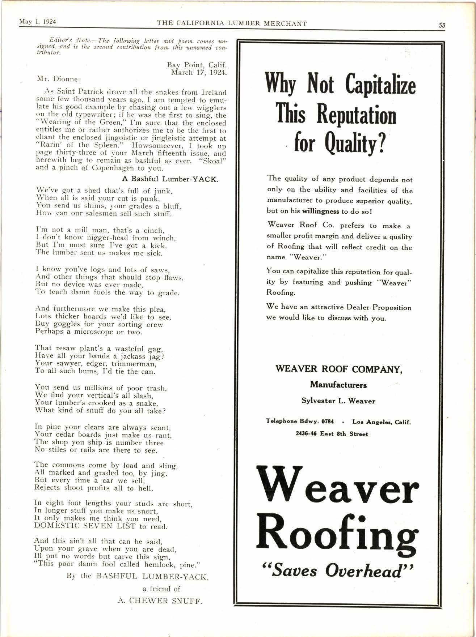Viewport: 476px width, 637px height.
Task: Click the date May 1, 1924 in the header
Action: (35, 21)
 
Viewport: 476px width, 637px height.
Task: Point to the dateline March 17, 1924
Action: (199, 72)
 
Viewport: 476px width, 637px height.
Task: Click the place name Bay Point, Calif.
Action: (197, 65)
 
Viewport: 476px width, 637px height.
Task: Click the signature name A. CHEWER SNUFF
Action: (160, 601)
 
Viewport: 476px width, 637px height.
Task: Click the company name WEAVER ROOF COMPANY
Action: (338, 369)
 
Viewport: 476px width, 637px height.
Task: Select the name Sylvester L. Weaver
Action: (338, 401)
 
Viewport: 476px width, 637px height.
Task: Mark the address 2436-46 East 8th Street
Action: (332, 434)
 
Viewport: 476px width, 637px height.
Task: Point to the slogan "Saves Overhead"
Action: (337, 571)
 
